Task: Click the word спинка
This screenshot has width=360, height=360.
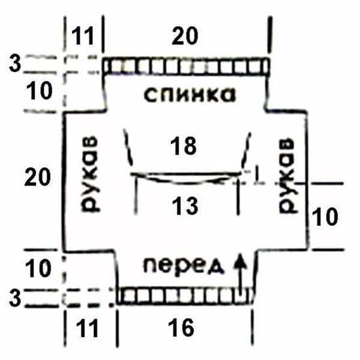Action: point(190,95)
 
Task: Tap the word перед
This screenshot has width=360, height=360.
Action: point(184,266)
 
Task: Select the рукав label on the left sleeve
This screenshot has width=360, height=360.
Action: point(90,174)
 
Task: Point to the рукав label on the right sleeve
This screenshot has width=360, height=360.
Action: point(286,176)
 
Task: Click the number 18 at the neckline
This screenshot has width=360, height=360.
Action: point(183,145)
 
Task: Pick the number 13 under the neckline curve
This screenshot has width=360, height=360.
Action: point(185,206)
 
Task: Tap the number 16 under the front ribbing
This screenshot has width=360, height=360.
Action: point(181,328)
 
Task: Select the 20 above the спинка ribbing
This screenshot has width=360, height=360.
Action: point(185,35)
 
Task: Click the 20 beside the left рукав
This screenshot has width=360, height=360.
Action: point(37,177)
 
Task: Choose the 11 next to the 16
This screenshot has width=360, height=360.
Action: point(88,329)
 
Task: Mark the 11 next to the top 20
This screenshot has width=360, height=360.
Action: point(83,36)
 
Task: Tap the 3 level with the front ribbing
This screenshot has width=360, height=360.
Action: point(15,298)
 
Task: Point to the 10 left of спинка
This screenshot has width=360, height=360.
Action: point(39,91)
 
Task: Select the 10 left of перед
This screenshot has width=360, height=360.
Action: point(38,268)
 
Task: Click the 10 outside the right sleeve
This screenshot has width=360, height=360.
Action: point(325,217)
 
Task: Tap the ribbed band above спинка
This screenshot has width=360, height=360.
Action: point(187,66)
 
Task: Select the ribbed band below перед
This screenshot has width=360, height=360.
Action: point(185,296)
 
